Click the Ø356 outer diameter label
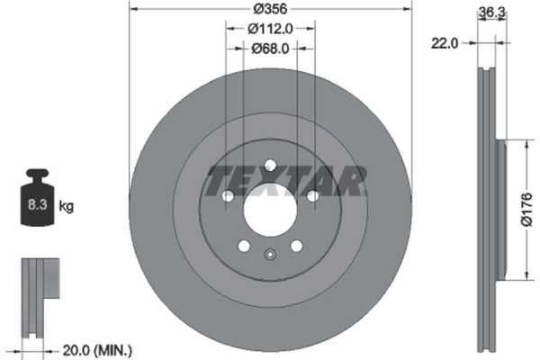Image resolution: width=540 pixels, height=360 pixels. click(269, 9)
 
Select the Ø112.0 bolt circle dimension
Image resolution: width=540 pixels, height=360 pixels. click(269, 30)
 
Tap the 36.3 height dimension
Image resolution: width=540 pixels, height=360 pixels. click(488, 13)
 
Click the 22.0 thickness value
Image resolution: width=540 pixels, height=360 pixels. click(444, 42)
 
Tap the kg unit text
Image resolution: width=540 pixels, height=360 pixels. click(66, 206)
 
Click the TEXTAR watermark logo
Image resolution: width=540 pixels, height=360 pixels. click(286, 180)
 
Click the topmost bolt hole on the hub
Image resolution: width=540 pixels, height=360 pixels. click(269, 164)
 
